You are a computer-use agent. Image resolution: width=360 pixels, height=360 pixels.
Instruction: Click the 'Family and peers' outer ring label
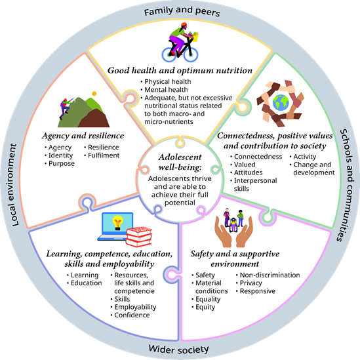(x=182, y=11)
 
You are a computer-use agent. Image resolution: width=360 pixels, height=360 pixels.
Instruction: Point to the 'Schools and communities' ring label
(x=346, y=185)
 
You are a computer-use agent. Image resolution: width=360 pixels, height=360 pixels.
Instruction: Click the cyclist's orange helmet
(x=184, y=24)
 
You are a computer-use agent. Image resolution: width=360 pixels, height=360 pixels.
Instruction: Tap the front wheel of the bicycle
(x=191, y=54)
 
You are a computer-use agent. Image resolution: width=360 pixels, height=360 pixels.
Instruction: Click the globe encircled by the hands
(x=281, y=102)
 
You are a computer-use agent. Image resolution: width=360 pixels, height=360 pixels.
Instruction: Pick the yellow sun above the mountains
(x=94, y=94)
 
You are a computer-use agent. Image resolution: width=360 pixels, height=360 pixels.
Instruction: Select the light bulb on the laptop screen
(x=117, y=223)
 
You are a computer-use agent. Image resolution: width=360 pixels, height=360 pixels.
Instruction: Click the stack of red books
(x=139, y=237)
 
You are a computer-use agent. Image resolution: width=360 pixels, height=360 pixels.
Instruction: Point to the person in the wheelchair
(x=233, y=224)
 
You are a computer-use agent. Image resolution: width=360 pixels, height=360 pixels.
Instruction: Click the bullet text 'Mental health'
(x=166, y=90)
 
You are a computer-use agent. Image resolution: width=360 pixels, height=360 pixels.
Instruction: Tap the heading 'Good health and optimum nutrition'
(x=180, y=70)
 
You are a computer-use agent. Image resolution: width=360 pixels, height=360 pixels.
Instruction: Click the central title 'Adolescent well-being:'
(x=180, y=162)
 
